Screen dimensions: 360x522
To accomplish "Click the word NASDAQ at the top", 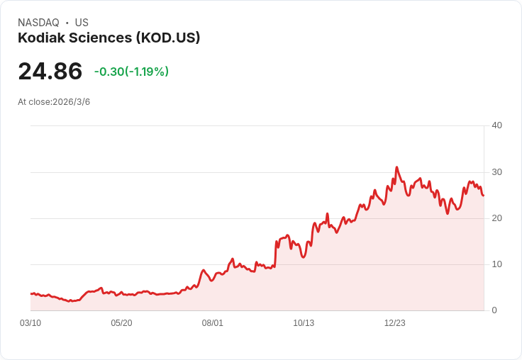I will coord(38,23).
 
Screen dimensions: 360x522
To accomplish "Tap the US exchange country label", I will coord(82,23).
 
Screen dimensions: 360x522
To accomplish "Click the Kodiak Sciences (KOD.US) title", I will coord(109,38).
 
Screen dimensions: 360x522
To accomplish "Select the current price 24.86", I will coord(50,72).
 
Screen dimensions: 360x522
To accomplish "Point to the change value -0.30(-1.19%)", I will coord(131,72).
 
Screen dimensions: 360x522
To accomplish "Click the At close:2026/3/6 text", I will coord(54,102).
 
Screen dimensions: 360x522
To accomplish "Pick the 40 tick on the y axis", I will coord(496,125).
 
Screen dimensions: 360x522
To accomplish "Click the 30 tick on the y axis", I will coord(496,172).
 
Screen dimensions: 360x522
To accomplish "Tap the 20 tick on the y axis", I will coord(496,218).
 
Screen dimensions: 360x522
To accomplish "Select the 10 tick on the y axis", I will coord(496,264).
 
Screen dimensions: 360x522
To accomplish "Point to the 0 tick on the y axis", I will coord(494,310).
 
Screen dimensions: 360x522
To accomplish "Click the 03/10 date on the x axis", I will coord(30,323).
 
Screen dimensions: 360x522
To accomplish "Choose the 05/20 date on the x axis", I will coord(121,323).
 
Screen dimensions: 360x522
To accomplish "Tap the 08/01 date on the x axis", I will coord(213,323).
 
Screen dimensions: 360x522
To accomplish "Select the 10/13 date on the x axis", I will coord(304,323).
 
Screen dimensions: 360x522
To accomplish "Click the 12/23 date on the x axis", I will coord(395,323).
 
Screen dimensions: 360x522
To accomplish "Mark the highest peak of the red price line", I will coord(396,168).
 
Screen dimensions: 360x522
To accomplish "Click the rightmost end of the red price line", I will coord(483,196).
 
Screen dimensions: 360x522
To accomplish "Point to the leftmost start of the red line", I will coord(31,293).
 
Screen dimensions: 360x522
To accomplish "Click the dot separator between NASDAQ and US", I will coord(67,23).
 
